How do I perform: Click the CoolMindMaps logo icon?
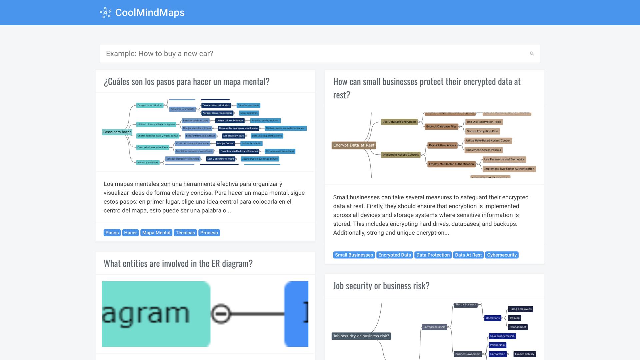(x=105, y=13)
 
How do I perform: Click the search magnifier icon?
(x=532, y=54)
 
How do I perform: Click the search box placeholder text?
(x=159, y=54)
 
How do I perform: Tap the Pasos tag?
(x=112, y=233)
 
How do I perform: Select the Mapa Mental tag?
(x=156, y=233)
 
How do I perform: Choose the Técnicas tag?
(x=185, y=233)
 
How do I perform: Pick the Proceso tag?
(x=209, y=233)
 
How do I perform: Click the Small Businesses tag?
(x=354, y=255)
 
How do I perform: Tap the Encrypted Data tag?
(x=394, y=255)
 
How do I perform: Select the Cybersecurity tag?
(x=502, y=255)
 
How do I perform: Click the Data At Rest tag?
(x=468, y=255)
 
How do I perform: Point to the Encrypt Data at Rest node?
(x=354, y=145)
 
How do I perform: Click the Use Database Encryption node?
(x=399, y=122)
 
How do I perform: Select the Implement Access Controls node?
(x=400, y=155)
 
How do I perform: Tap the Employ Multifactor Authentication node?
(x=451, y=164)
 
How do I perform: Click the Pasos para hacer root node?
(x=117, y=132)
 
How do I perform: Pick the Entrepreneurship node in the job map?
(x=434, y=327)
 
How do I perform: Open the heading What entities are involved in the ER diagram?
(x=178, y=263)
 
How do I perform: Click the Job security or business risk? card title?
(x=381, y=286)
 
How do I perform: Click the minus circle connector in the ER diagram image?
(x=221, y=314)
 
